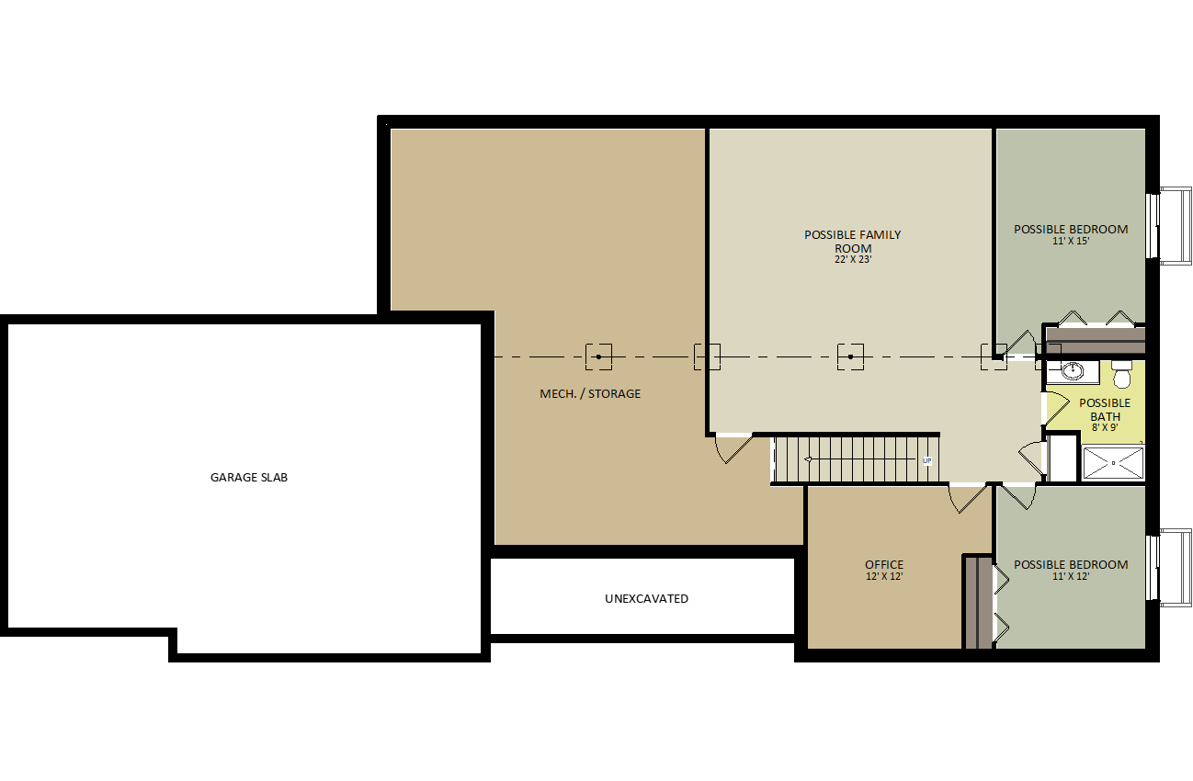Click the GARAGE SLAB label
(249, 478)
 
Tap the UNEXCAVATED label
(646, 599)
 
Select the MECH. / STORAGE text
(590, 394)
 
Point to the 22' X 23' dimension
(853, 260)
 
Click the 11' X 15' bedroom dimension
(1071, 241)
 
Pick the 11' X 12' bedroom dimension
(1071, 576)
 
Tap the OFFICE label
(884, 564)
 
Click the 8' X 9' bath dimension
(1105, 427)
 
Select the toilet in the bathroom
(1121, 374)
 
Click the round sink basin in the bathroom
(1072, 371)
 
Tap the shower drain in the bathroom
(1113, 463)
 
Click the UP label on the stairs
(926, 461)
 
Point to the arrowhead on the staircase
(808, 458)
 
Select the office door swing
(967, 499)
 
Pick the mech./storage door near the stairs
(733, 449)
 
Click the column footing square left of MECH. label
(598, 357)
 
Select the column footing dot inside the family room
(850, 357)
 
